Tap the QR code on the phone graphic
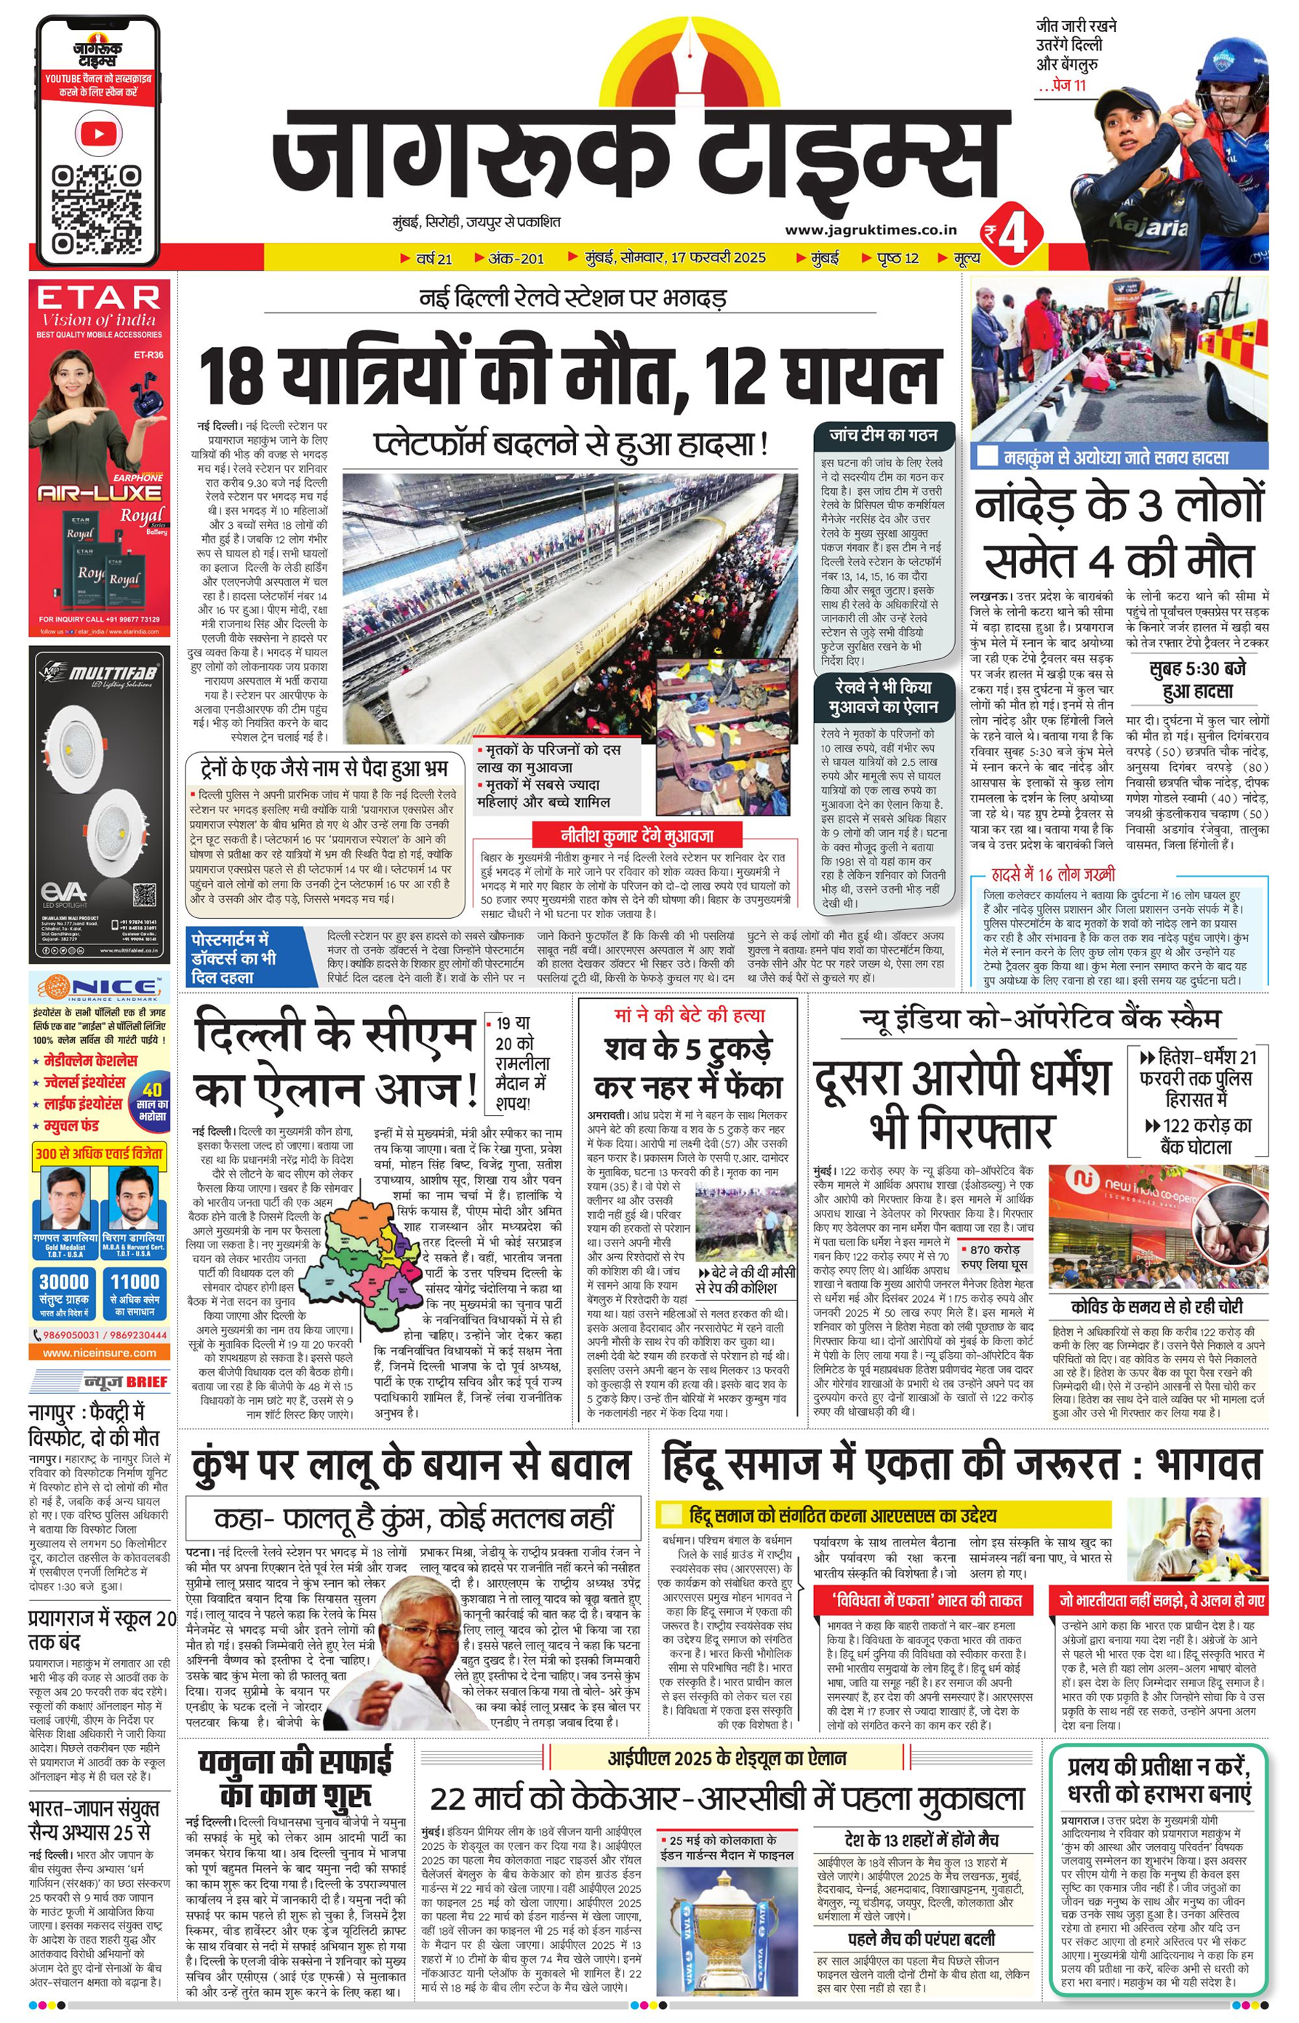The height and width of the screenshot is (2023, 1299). click(97, 210)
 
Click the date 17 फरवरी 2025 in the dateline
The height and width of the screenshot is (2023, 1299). click(718, 258)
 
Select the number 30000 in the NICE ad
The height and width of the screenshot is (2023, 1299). click(64, 1282)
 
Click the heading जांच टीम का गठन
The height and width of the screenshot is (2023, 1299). click(882, 435)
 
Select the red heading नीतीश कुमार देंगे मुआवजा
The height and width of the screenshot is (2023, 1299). click(637, 836)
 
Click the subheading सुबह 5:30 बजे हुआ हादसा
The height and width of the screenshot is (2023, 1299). click(1197, 680)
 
